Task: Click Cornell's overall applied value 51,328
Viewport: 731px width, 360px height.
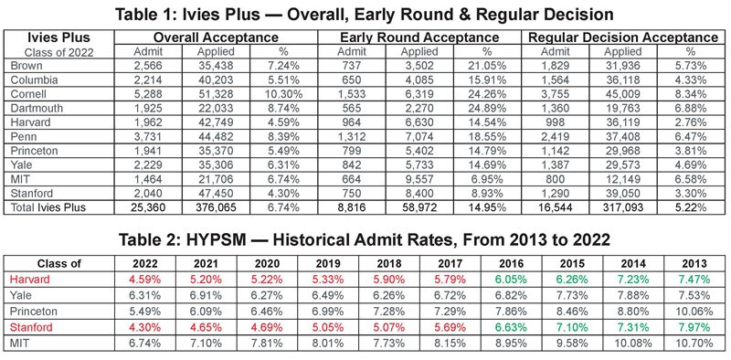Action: (216, 94)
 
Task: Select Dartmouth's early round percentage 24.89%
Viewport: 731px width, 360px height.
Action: (487, 108)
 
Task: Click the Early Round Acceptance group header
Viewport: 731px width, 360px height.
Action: (419, 37)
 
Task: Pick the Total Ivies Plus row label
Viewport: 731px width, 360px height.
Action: (48, 207)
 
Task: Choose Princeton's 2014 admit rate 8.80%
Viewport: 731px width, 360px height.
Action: (633, 311)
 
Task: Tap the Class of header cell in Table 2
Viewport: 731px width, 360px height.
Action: (59, 263)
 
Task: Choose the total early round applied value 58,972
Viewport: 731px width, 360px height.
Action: (419, 207)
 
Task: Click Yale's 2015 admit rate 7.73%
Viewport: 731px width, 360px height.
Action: (572, 295)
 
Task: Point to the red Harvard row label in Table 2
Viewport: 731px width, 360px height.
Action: (29, 280)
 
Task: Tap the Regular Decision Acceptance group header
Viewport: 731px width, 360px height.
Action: (623, 37)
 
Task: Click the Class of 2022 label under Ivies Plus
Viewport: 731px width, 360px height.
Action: (58, 52)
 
